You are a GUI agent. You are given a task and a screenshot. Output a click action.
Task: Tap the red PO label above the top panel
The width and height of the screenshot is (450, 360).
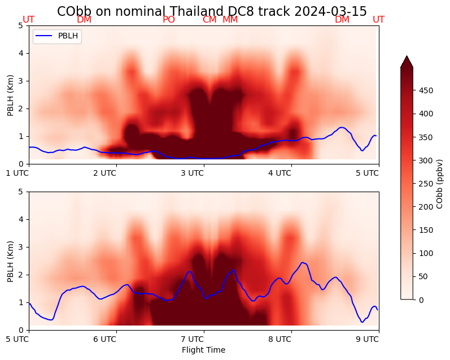pos(169,20)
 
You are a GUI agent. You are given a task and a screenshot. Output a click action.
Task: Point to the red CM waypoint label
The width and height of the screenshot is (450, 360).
pos(209,20)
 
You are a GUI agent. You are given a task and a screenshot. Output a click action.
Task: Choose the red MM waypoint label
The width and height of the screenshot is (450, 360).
pos(230,20)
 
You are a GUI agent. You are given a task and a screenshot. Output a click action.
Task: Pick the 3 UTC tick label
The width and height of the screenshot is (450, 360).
pos(192,173)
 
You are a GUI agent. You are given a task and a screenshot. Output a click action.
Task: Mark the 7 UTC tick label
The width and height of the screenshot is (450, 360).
pos(192,339)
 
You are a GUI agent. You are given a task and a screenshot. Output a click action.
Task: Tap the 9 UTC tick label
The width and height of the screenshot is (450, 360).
pos(367,339)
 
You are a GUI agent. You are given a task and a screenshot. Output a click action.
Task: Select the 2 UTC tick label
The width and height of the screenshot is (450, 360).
pos(104,173)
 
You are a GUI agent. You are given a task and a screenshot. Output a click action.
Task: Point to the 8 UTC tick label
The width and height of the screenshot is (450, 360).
pos(279,339)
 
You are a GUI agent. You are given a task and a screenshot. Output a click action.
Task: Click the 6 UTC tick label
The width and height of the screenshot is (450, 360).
pos(104,339)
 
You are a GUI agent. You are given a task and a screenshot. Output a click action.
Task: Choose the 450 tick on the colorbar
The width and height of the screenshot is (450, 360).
pos(426,90)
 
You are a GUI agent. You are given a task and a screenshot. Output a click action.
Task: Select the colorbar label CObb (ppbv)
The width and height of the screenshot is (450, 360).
pos(440,184)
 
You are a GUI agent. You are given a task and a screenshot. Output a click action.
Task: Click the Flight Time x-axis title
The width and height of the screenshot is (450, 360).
pos(203,350)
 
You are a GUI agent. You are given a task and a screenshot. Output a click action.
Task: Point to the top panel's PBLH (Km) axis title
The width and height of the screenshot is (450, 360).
pos(11,94)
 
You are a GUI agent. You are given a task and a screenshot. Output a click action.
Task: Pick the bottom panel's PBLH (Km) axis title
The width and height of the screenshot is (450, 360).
pos(11,261)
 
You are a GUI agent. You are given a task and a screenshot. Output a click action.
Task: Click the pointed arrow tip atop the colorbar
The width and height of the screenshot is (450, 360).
pos(407,57)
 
